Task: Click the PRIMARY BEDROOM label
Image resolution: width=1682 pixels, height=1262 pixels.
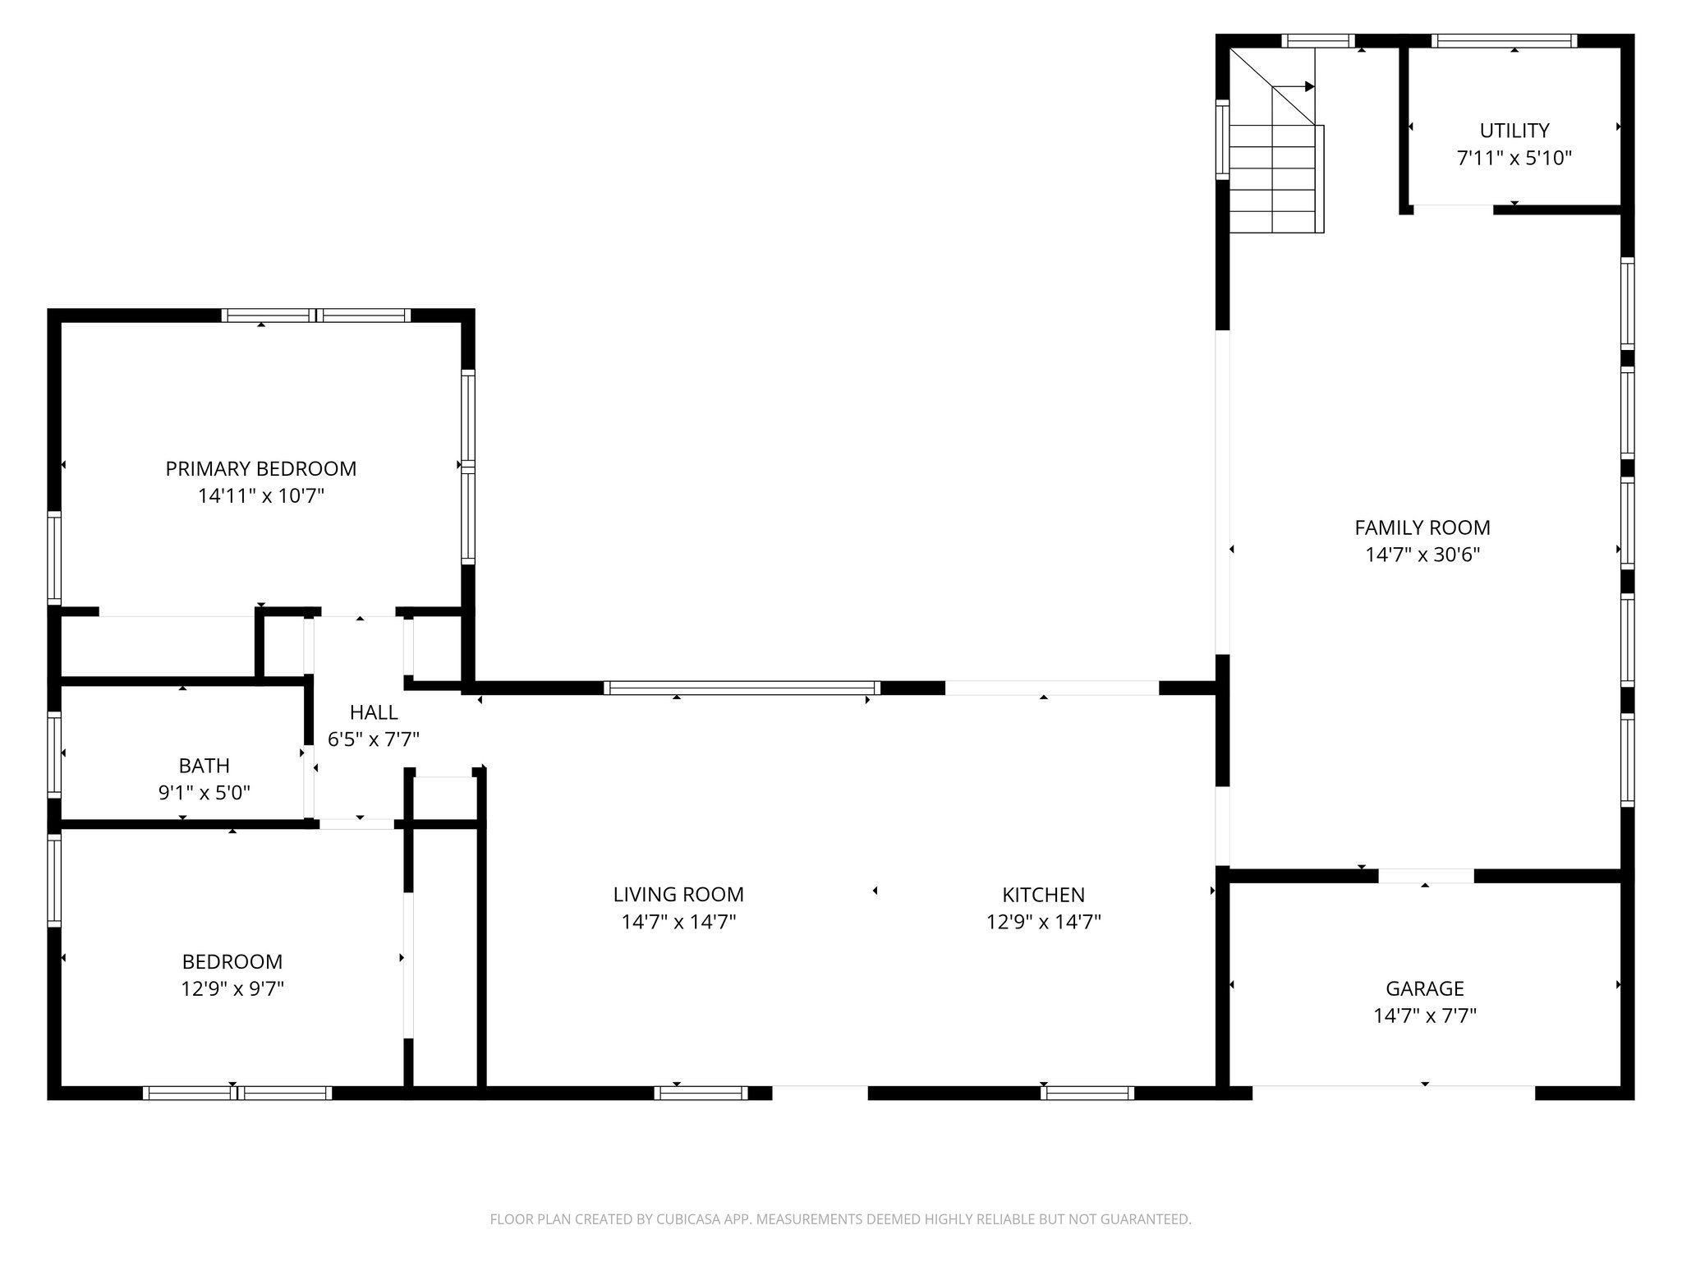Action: point(261,468)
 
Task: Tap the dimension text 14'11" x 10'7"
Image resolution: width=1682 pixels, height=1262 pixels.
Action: point(261,496)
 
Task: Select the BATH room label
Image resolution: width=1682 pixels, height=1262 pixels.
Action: point(205,766)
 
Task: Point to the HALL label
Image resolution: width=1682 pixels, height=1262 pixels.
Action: point(374,712)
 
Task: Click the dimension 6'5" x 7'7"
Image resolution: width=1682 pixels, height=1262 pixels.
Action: point(374,739)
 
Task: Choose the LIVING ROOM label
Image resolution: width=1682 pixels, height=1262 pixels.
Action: point(678,894)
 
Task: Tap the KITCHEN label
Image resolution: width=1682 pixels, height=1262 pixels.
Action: point(1043,894)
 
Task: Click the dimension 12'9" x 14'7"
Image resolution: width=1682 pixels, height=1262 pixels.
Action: point(1043,922)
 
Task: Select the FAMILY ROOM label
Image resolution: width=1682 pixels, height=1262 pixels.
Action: point(1422,527)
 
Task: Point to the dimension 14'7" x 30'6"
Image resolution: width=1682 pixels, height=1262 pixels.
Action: point(1422,555)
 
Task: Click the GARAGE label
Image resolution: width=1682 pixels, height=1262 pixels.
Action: point(1425,988)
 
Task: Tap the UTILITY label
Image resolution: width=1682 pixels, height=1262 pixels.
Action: point(1514,131)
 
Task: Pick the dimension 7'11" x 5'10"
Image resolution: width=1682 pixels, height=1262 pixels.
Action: point(1514,158)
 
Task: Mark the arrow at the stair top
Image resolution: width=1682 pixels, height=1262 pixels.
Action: point(1308,86)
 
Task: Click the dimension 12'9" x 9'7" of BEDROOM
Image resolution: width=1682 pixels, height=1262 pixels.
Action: point(232,988)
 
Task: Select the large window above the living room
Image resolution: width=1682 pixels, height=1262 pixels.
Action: point(742,688)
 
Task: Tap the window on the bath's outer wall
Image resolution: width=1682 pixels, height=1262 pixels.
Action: point(54,754)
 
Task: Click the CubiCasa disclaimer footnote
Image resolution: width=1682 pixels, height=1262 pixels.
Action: point(840,1219)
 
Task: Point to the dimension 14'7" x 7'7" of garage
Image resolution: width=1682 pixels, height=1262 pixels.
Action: point(1425,1016)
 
